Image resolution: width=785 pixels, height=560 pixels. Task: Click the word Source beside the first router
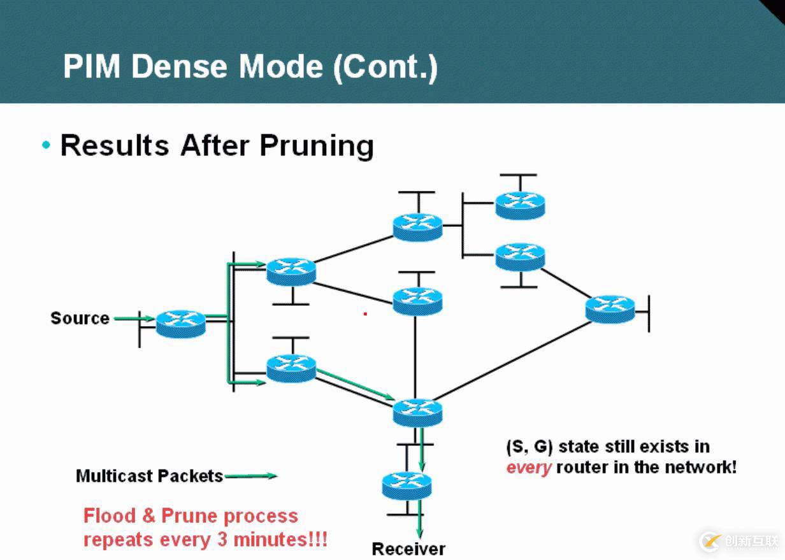tap(80, 318)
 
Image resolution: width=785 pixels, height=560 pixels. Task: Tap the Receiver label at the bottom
tap(408, 549)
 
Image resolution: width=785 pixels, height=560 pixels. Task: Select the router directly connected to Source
tap(181, 323)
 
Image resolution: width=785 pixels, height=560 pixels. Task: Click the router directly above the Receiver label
tap(407, 485)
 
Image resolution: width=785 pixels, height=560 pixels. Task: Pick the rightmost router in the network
tap(610, 308)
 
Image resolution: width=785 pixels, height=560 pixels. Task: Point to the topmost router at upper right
tap(520, 204)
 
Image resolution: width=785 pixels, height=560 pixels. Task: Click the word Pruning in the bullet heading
tap(316, 145)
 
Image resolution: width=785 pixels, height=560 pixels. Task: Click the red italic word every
tap(528, 468)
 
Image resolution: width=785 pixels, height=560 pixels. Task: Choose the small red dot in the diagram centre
tap(365, 313)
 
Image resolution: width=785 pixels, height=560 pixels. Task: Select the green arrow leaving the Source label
tap(134, 318)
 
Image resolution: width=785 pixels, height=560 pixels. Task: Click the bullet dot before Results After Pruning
tap(46, 146)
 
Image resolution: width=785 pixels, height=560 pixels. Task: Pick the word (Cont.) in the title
tap(385, 67)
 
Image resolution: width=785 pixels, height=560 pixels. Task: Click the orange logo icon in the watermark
tap(710, 541)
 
